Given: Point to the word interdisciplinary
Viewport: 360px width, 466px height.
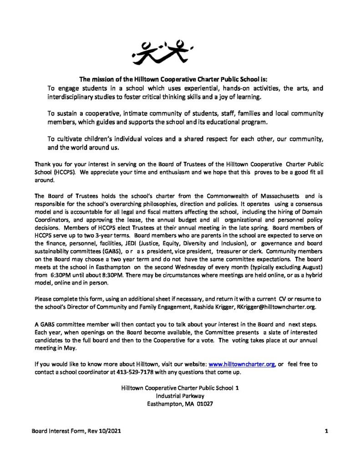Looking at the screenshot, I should (76, 97).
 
